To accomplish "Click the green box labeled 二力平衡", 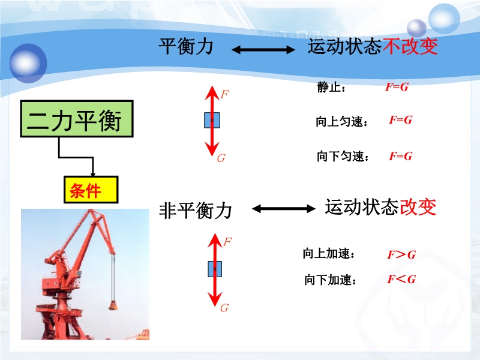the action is tap(77, 119).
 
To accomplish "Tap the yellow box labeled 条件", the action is tap(91, 190).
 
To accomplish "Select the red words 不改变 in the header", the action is tap(410, 47).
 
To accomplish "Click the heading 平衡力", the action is tap(186, 47).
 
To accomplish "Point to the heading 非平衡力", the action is tap(196, 211).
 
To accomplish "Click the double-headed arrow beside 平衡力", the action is tap(263, 50).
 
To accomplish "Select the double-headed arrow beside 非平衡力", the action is tap(283, 209).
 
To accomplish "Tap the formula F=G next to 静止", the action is tap(397, 87).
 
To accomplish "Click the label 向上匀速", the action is tap(341, 122).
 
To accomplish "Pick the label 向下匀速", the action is tap(343, 157).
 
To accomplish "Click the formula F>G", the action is tap(401, 254).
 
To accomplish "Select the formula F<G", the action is tap(401, 279).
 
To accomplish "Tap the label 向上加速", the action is tap(329, 253).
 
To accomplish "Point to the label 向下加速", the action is tap(330, 280).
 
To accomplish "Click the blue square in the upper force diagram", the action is tap(212, 120).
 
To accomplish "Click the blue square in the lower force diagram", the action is tap(215, 269).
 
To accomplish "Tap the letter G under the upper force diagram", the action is tap(221, 158).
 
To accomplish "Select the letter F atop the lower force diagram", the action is tap(227, 242).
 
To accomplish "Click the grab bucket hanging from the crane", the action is tap(113, 305).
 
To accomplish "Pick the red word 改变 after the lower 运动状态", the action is tap(418, 207).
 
